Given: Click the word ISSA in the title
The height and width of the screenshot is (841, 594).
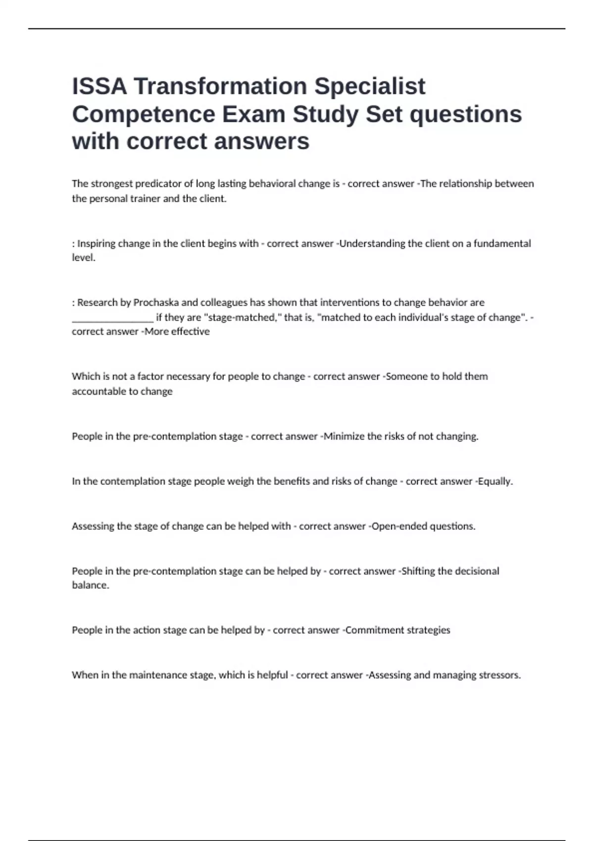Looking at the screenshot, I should tap(99, 87).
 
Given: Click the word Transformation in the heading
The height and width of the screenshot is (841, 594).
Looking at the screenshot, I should tap(220, 87).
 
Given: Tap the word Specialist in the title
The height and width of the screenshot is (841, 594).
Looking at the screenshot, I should tap(370, 87).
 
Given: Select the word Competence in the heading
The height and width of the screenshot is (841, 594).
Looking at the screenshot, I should tap(144, 114).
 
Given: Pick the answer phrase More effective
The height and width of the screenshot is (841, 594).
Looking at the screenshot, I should tap(177, 331).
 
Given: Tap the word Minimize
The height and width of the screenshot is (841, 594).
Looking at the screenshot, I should tap(344, 436).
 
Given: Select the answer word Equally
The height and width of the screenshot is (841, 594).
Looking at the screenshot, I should tap(495, 481).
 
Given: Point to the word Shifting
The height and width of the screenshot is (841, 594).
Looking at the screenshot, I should tap(418, 571).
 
